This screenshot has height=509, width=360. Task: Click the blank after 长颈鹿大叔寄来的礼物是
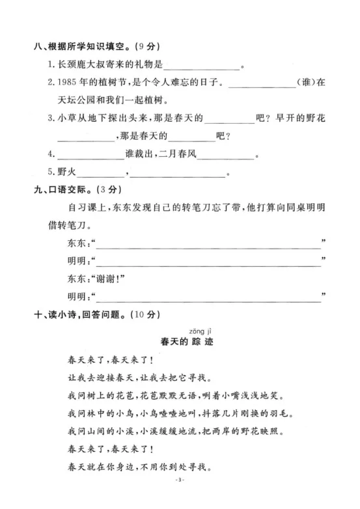click(203, 65)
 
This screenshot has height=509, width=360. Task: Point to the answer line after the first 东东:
click(208, 245)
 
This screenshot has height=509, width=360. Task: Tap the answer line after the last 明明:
click(208, 299)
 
